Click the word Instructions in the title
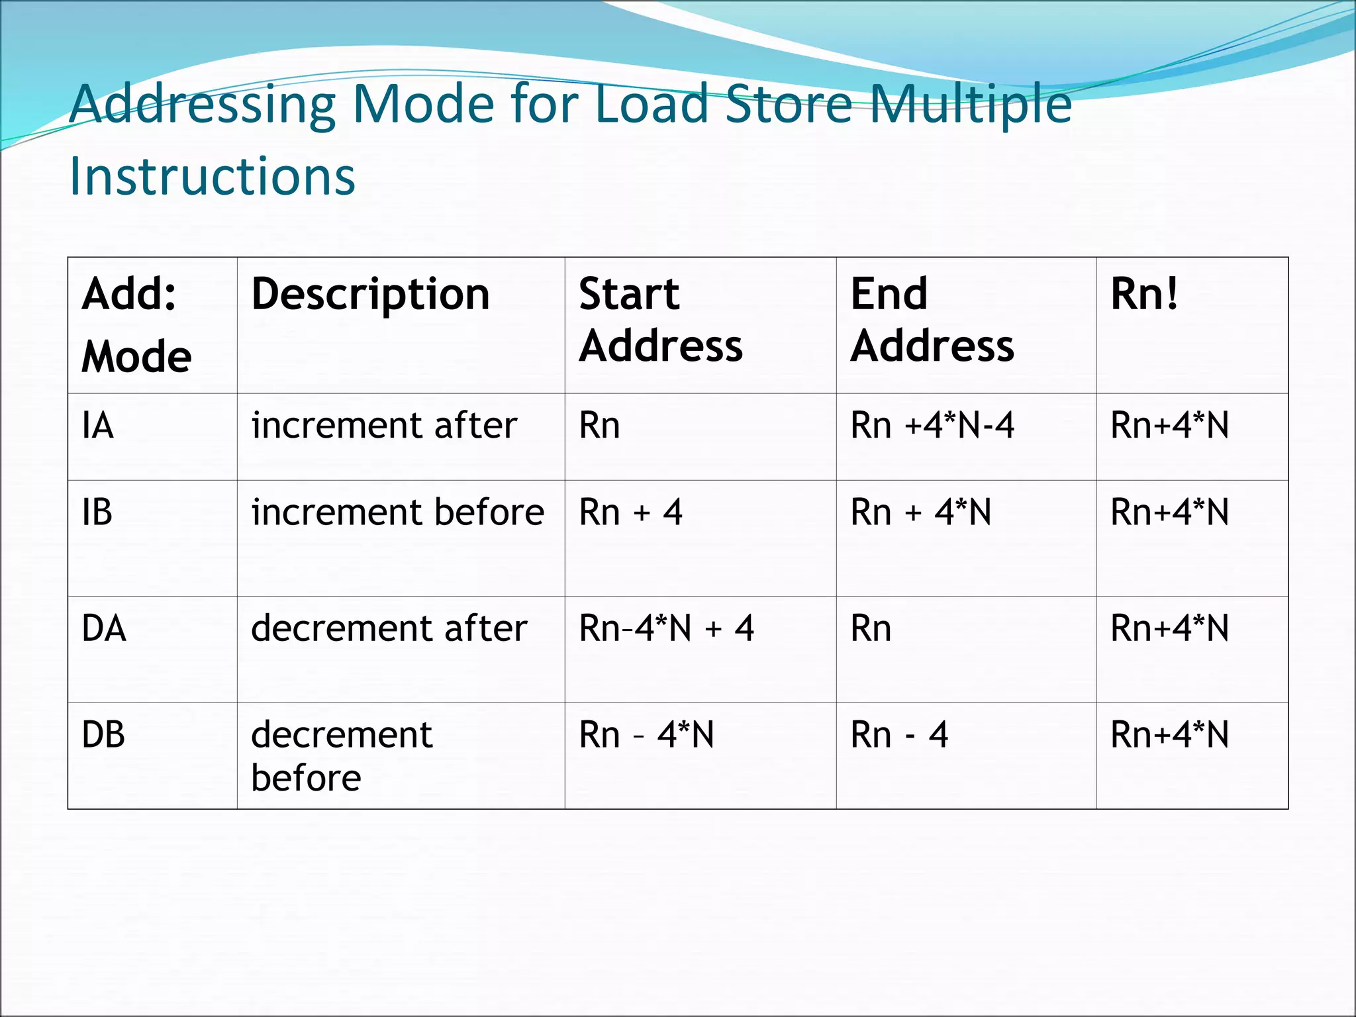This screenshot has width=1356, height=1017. pyautogui.click(x=212, y=176)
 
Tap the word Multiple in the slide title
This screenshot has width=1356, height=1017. pyautogui.click(x=970, y=104)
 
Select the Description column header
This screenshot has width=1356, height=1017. pyautogui.click(x=370, y=294)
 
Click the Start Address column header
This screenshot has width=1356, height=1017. pyautogui.click(x=661, y=320)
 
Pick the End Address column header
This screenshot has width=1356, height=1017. pyautogui.click(x=932, y=320)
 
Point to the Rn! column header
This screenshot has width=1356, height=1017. pyautogui.click(x=1144, y=294)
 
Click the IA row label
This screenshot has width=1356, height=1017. pyautogui.click(x=98, y=425)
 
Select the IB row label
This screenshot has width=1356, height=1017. pyautogui.click(x=97, y=512)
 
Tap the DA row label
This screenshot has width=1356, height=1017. pyautogui.click(x=104, y=628)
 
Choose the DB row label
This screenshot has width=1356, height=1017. pyautogui.click(x=103, y=735)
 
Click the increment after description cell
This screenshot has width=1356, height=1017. pyautogui.click(x=384, y=425)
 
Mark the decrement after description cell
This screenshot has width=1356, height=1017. pyautogui.click(x=389, y=628)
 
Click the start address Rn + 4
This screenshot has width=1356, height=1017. pyautogui.click(x=630, y=512)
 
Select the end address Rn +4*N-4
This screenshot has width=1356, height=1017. pyautogui.click(x=932, y=425)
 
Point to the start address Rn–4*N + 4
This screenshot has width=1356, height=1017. pyautogui.click(x=666, y=628)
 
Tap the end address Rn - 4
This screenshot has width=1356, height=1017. pyautogui.click(x=899, y=735)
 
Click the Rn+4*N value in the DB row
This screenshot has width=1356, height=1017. pyautogui.click(x=1169, y=735)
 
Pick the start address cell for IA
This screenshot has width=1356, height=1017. pyautogui.click(x=599, y=425)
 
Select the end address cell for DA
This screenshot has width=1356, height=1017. pyautogui.click(x=871, y=628)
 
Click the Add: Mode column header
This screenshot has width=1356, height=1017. pyautogui.click(x=136, y=325)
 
